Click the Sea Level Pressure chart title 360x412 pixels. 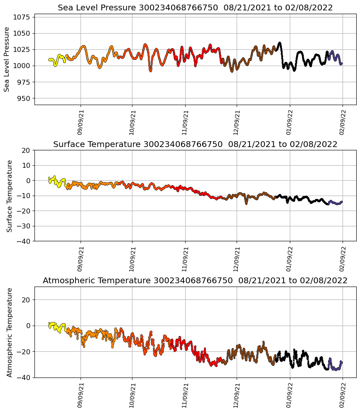[x=195, y=7]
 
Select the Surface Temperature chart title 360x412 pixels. [x=195, y=144]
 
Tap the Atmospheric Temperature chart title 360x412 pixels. [x=195, y=280]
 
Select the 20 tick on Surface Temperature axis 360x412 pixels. [x=27, y=150]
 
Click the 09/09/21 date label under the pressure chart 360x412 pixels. [x=80, y=123]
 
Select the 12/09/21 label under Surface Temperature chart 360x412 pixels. [x=236, y=259]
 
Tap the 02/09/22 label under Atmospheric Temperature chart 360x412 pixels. [x=342, y=395]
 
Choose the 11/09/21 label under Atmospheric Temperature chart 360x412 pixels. [x=185, y=395]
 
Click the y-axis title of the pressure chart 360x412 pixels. [x=7, y=59]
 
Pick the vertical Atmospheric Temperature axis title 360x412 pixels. [x=9, y=332]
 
